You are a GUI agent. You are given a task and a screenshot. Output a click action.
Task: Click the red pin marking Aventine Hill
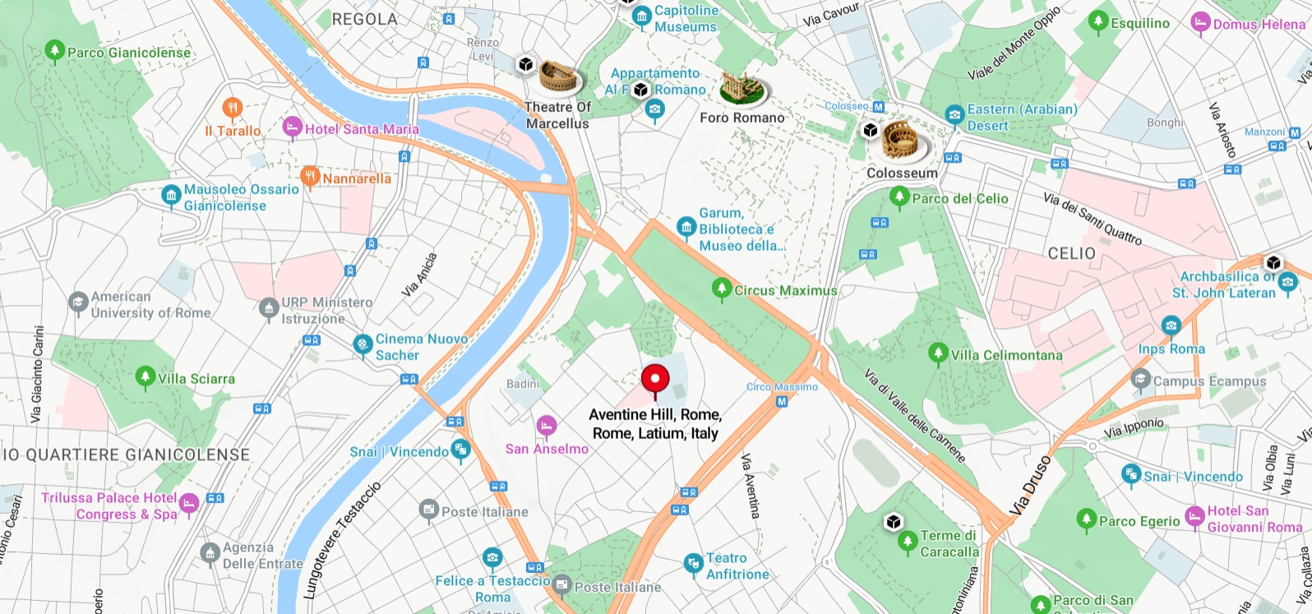pyautogui.click(x=655, y=380)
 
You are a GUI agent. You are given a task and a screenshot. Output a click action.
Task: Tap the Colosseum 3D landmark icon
pyautogui.click(x=905, y=141)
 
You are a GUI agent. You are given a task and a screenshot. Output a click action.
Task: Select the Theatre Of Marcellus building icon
pyautogui.click(x=561, y=78)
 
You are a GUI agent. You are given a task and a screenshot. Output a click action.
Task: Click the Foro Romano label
pyautogui.click(x=741, y=118)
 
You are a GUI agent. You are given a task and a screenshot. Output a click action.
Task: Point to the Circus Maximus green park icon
pyautogui.click(x=722, y=289)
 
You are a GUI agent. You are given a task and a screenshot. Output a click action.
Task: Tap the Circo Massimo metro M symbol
pyautogui.click(x=782, y=402)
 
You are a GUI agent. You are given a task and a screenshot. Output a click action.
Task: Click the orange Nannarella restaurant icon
pyautogui.click(x=310, y=177)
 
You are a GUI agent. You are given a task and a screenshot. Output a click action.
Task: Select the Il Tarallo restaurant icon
pyautogui.click(x=233, y=108)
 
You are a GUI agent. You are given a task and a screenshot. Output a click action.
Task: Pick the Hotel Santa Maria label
pyautogui.click(x=362, y=129)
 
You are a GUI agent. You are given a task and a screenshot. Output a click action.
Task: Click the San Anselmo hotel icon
pyautogui.click(x=546, y=426)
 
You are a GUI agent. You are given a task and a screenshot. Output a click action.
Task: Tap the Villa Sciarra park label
pyautogui.click(x=196, y=379)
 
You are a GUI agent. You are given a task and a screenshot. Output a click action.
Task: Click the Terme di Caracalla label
pyautogui.click(x=949, y=543)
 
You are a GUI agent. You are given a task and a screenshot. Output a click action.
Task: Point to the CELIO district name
pyautogui.click(x=1071, y=253)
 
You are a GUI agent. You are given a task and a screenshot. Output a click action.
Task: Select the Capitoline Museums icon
pyautogui.click(x=641, y=19)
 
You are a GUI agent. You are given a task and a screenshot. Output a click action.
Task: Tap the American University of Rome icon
pyautogui.click(x=78, y=303)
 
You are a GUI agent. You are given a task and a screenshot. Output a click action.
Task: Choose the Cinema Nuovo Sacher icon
pyautogui.click(x=363, y=345)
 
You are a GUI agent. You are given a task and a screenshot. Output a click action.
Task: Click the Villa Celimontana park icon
pyautogui.click(x=938, y=354)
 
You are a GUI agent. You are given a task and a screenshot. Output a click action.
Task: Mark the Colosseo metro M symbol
pyautogui.click(x=878, y=107)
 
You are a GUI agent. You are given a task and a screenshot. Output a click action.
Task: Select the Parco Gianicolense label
pyautogui.click(x=129, y=53)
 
